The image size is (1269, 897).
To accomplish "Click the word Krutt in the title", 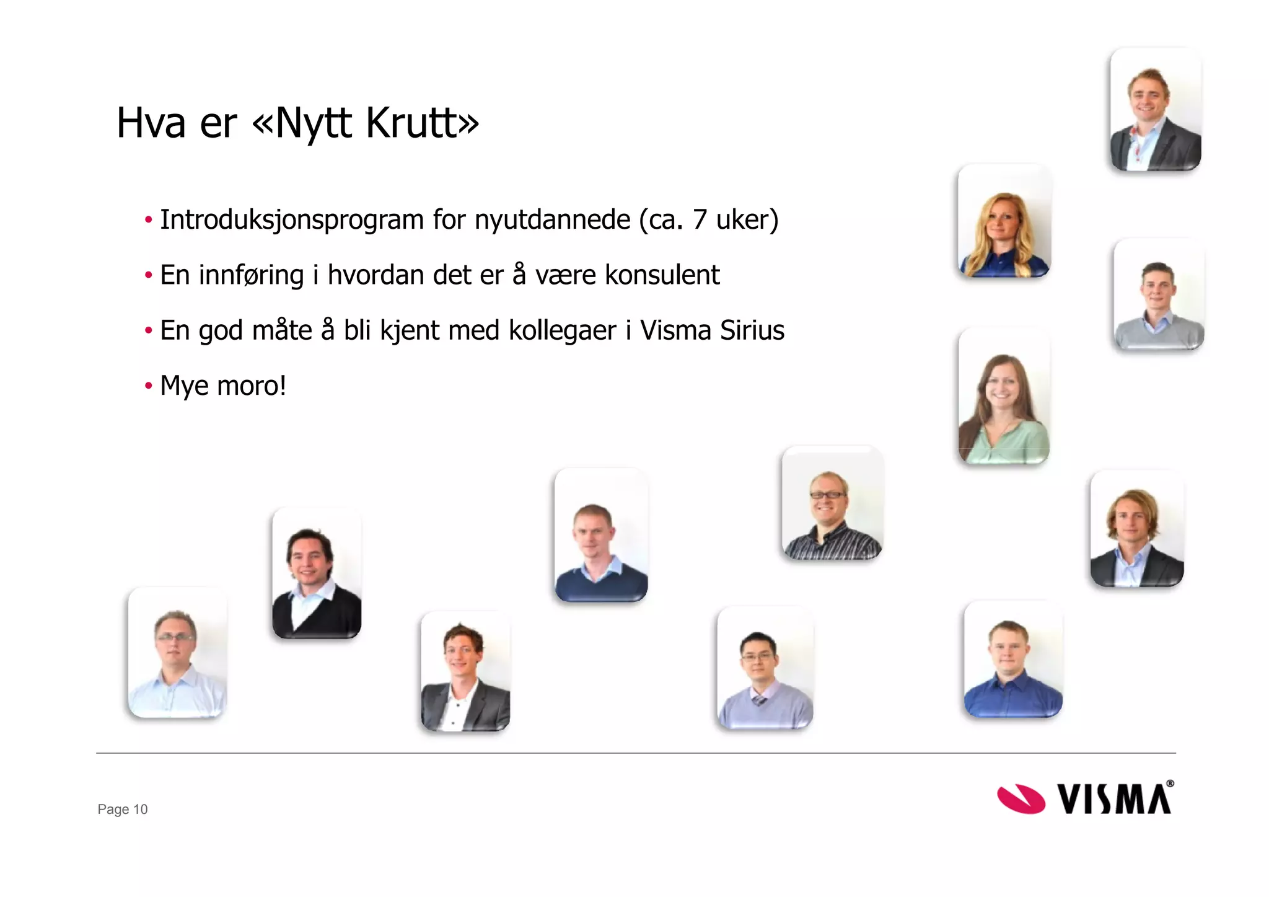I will click(421, 123).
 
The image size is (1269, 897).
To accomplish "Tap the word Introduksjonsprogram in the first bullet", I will click(291, 220).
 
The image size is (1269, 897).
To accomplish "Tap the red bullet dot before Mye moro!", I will click(148, 386).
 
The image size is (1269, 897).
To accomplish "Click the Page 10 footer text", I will click(123, 809).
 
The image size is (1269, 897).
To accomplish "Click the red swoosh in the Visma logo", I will click(1021, 798).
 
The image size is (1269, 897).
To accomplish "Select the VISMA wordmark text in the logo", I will click(1114, 798).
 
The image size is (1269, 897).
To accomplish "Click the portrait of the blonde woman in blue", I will click(1004, 221).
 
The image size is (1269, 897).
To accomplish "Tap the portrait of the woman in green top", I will click(1003, 397).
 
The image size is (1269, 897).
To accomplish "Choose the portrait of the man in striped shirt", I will click(832, 503).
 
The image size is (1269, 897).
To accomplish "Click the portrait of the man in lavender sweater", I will click(765, 668).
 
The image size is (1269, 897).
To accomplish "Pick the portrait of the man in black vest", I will click(317, 573).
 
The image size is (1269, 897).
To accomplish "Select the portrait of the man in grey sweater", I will click(1158, 295).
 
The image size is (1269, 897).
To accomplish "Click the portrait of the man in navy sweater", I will click(600, 535).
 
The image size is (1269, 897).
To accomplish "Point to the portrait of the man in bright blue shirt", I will click(1012, 660).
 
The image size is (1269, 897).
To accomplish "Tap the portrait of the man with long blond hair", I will click(1137, 529).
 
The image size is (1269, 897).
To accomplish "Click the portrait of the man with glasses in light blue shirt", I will click(177, 652).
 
